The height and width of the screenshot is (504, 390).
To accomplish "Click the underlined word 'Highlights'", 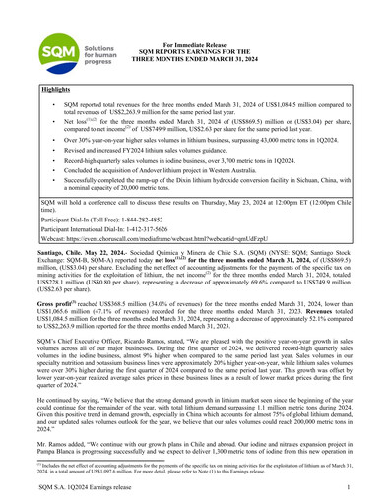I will point(56,89).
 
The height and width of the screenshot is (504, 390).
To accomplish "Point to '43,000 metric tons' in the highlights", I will point(264,140).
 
